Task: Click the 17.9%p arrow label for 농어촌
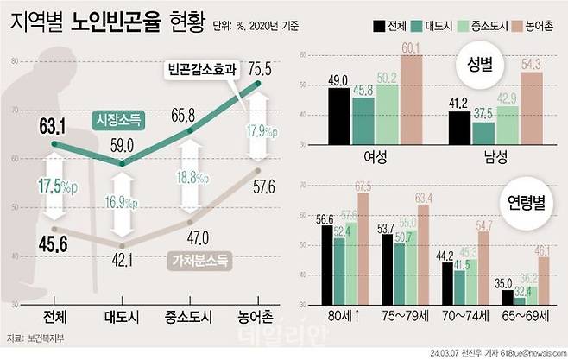click(x=258, y=132)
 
